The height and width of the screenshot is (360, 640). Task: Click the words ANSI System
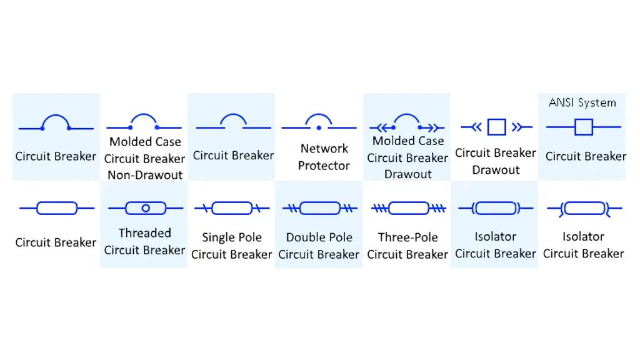[x=582, y=102]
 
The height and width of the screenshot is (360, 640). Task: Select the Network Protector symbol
[x=319, y=123]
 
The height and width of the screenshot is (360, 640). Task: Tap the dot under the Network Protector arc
[x=319, y=127]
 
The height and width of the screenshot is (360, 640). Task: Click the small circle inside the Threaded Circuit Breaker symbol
[x=146, y=207]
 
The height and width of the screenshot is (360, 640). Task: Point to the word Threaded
[x=144, y=233]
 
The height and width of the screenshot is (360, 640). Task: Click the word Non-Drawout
[x=145, y=175]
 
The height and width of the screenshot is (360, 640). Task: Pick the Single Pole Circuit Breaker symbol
[x=232, y=207]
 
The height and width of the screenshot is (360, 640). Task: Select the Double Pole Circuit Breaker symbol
[x=319, y=207]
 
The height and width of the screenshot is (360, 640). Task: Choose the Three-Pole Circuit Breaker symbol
[x=407, y=207]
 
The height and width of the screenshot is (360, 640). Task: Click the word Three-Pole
[x=407, y=237]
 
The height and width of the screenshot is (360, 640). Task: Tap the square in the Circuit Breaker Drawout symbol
[x=496, y=127]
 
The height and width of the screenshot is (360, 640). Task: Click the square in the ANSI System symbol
[x=583, y=127]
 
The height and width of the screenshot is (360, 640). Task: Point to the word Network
[x=324, y=149]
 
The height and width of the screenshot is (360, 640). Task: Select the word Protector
[x=324, y=166]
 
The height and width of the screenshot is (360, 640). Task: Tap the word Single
[x=218, y=237]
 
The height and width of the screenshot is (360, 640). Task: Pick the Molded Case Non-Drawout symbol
[x=144, y=122]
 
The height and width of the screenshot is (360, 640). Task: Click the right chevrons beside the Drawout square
[x=517, y=127]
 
